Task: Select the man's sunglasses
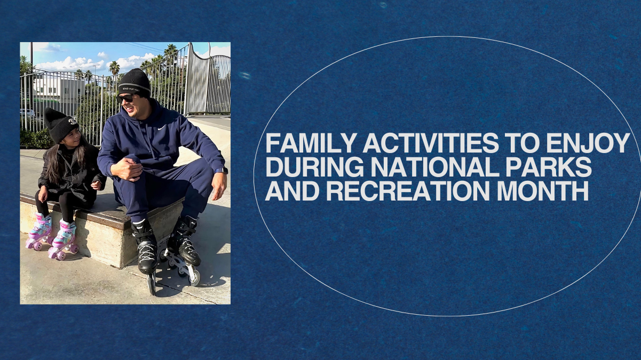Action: [126, 98]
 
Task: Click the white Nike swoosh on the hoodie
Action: [162, 127]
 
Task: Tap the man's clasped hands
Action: [127, 169]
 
